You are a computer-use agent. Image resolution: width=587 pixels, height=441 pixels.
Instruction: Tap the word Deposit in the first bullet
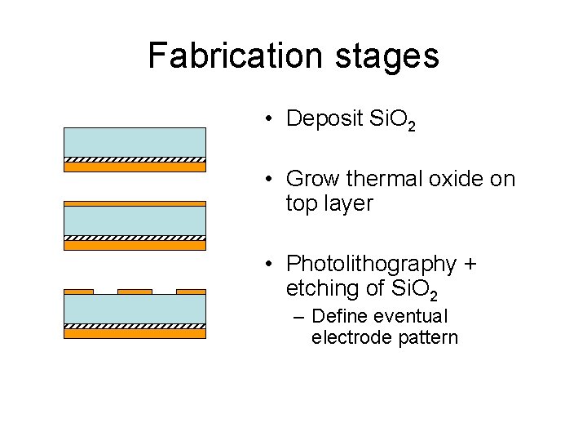[x=324, y=118]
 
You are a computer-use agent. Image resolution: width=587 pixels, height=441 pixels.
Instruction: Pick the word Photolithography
[x=371, y=265]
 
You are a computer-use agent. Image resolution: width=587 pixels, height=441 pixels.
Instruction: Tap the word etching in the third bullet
[x=324, y=289]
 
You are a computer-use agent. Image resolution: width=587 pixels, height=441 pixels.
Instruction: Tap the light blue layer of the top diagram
[x=135, y=141]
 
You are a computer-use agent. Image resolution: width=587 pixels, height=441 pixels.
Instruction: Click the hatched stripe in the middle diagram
[x=135, y=238]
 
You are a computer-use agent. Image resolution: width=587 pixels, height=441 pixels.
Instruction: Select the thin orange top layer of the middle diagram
[x=135, y=203]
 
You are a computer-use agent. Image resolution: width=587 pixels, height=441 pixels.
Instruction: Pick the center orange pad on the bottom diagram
[x=135, y=291]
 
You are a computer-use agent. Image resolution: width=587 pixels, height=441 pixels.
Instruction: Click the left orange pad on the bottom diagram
[x=78, y=291]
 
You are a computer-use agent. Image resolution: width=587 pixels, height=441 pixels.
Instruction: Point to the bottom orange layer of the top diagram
[x=135, y=167]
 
